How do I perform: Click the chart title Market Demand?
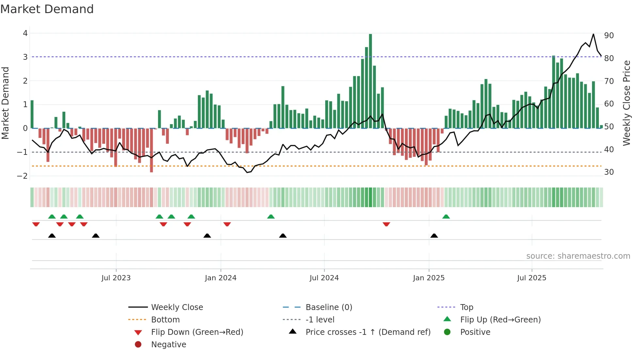[47, 9]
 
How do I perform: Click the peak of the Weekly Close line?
[593, 34]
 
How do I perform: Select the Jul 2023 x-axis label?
[116, 278]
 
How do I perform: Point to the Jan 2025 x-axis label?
[428, 278]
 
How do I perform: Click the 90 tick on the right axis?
[609, 36]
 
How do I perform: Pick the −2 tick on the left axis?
[22, 176]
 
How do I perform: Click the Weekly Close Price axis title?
[626, 103]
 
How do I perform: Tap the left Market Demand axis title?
[6, 103]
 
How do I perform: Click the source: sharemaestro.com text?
[578, 256]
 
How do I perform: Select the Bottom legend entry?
[165, 320]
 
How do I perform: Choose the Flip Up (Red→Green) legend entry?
[500, 320]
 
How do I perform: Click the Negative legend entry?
[168, 345]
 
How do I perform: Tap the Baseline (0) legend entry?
[328, 307]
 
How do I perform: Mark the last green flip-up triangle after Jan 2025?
[446, 217]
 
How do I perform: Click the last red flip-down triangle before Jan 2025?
[386, 224]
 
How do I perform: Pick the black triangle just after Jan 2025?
[434, 236]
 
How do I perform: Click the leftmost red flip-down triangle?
[36, 224]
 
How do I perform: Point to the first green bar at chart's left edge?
[32, 114]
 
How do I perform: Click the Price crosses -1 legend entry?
[368, 332]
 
